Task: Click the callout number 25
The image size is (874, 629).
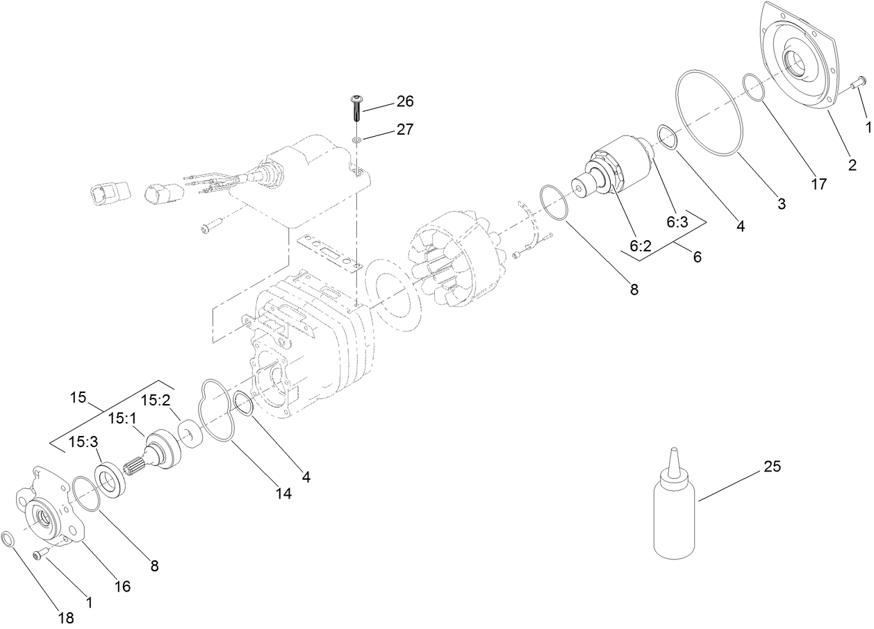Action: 773,467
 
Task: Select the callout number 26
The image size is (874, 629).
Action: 404,101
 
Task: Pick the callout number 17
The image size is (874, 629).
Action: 818,165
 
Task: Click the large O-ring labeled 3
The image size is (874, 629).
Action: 709,111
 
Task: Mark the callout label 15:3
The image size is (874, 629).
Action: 82,442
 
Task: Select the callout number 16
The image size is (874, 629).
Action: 122,587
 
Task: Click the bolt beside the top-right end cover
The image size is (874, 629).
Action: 857,83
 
